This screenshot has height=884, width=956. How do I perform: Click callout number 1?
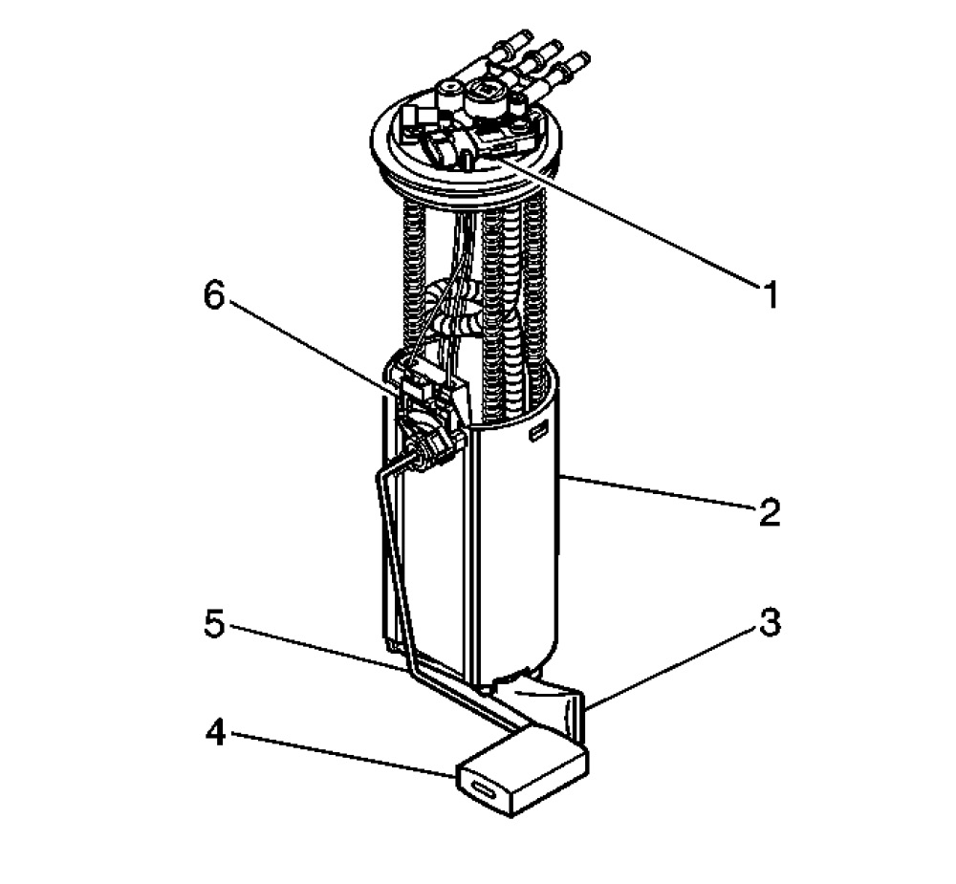[x=770, y=295]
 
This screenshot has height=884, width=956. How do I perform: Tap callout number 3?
[x=770, y=623]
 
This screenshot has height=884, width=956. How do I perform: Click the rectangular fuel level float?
[x=523, y=769]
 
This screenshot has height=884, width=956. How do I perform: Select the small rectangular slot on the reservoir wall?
[x=536, y=434]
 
